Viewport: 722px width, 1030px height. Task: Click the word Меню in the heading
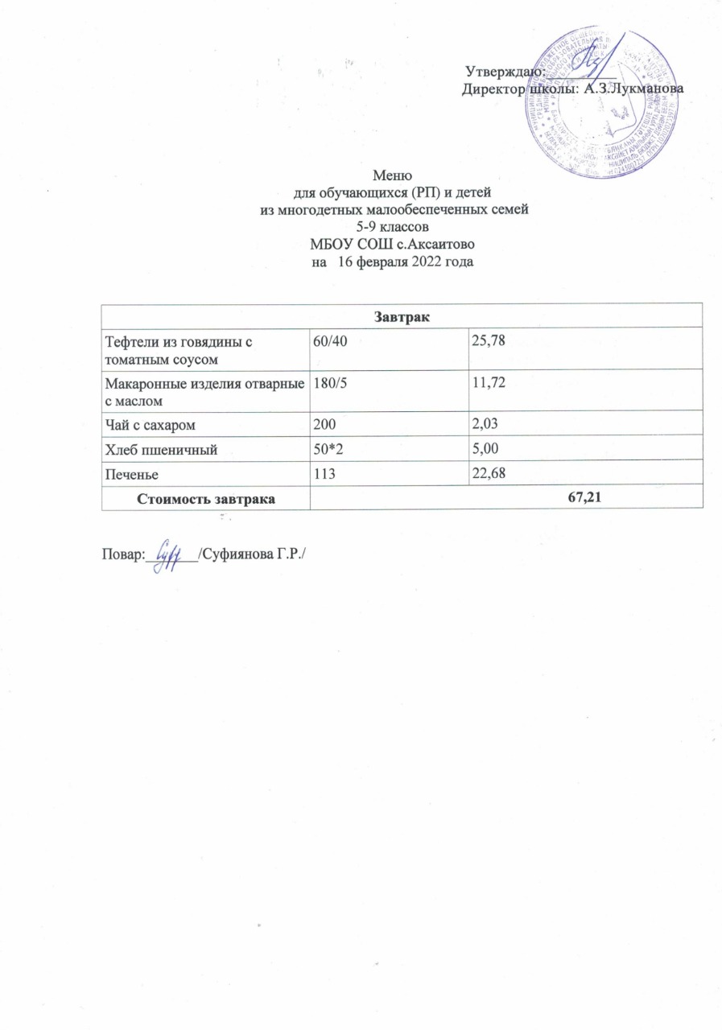tap(394, 175)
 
